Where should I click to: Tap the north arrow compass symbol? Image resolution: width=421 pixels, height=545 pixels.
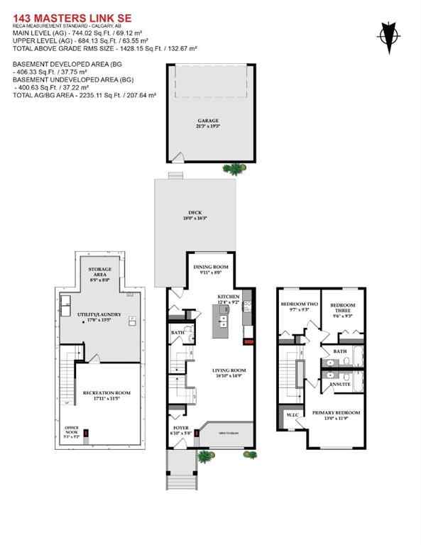tap(388, 34)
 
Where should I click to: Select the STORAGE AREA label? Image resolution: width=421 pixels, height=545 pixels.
tap(99, 272)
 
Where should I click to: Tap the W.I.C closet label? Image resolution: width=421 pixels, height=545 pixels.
tap(292, 414)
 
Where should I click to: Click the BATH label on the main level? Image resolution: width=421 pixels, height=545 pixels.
tap(177, 333)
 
